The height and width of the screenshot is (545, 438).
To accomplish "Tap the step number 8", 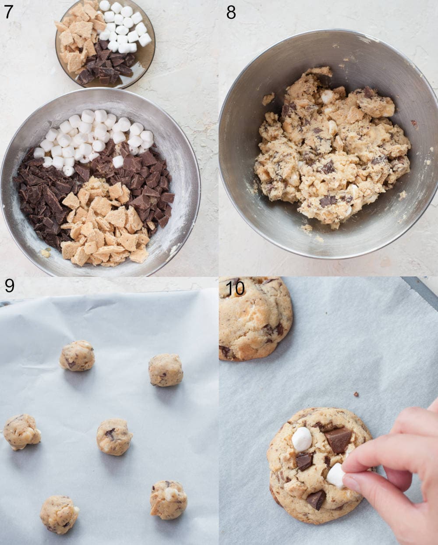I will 231,12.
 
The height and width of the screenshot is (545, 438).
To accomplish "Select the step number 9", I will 9,286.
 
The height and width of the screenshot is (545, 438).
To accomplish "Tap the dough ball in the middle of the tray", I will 114,437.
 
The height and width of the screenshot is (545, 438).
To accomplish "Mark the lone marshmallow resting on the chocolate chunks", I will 118,162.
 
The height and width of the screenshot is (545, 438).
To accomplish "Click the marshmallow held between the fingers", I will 336,475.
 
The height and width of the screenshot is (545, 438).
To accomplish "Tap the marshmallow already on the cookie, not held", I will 302,439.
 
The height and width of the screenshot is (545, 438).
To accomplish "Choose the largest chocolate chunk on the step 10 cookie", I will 339,439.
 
